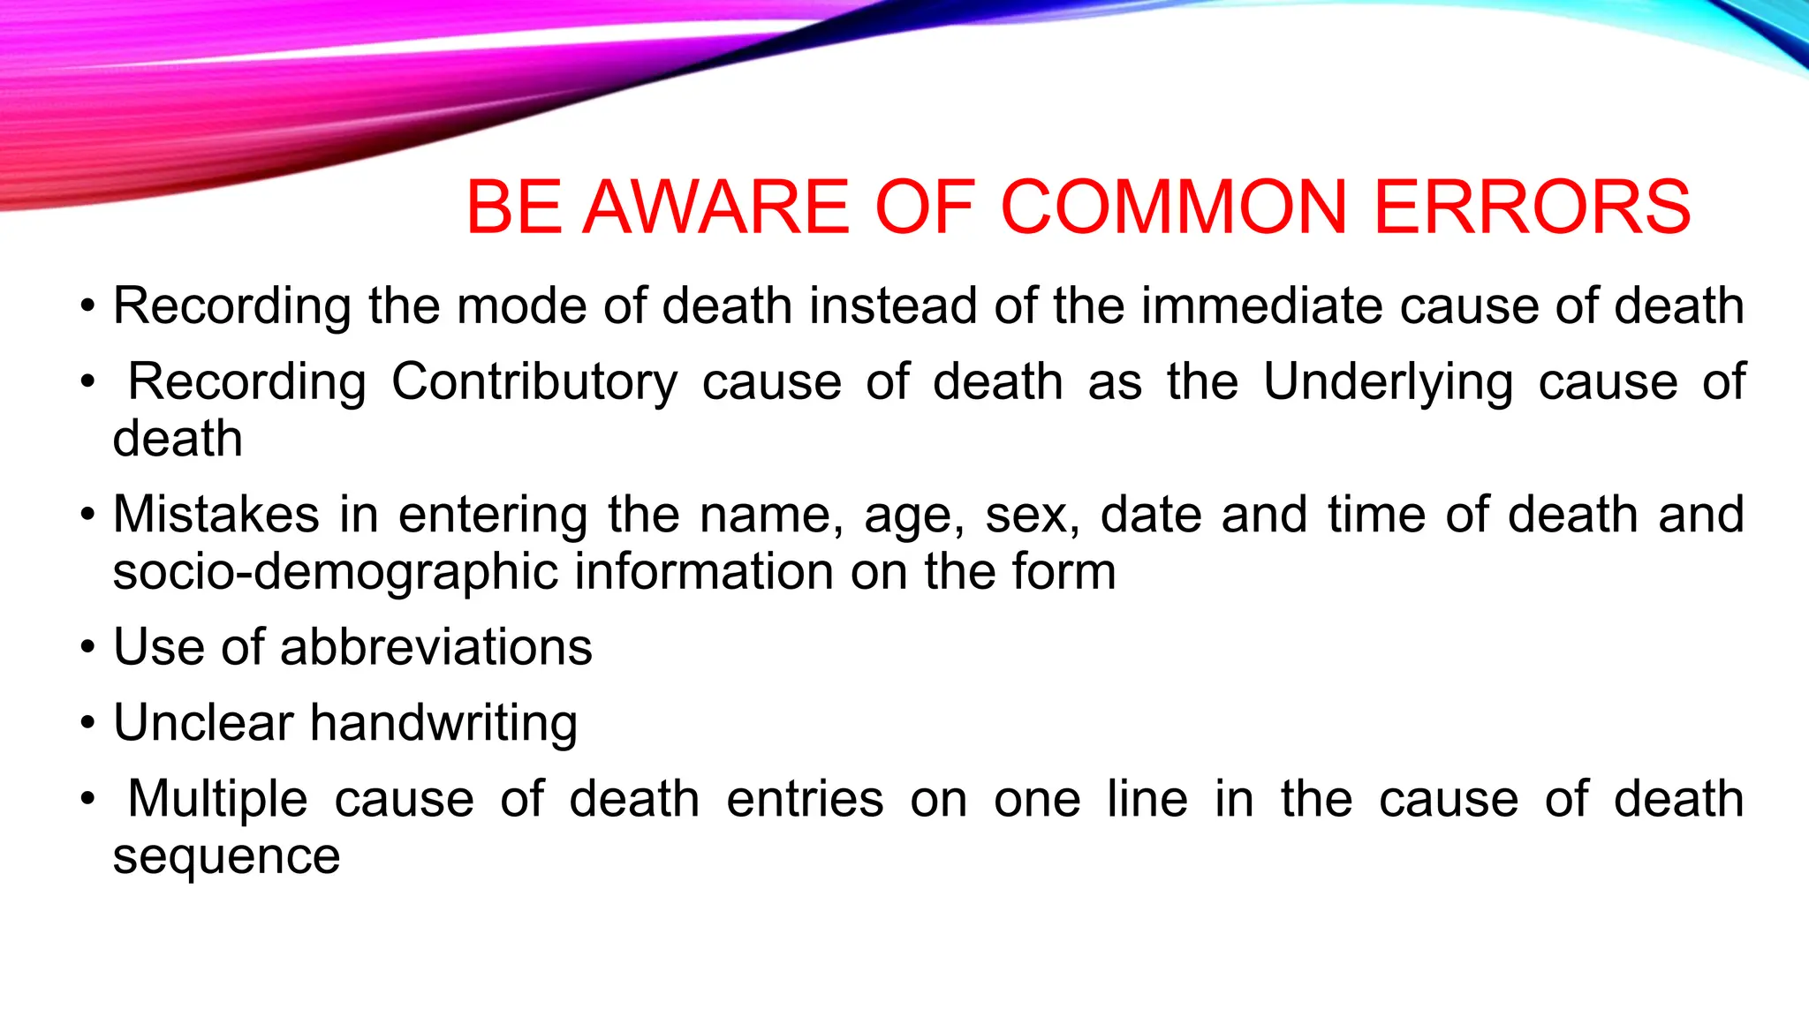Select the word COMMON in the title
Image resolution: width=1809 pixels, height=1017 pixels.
click(1173, 207)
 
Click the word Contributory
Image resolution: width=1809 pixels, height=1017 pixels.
click(534, 382)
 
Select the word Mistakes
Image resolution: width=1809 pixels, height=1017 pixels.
click(216, 515)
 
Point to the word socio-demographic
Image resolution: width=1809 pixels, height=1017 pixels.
click(336, 573)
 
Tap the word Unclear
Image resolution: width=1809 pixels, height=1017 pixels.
click(203, 723)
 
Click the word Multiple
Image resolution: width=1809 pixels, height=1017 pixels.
click(217, 800)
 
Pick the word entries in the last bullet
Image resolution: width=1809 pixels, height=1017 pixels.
click(805, 800)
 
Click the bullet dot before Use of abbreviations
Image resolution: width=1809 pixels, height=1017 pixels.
click(87, 649)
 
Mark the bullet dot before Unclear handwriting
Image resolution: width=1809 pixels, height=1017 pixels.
click(87, 725)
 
